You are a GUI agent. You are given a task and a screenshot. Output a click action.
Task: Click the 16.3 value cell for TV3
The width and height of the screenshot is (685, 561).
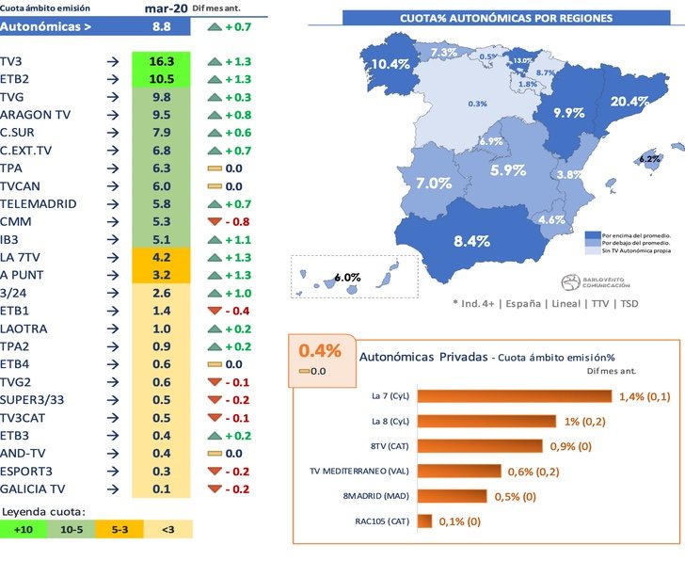pyautogui.click(x=161, y=61)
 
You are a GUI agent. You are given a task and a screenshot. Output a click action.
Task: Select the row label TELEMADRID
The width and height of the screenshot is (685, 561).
pyautogui.click(x=39, y=204)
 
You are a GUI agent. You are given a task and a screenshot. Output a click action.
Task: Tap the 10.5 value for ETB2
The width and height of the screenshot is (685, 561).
pyautogui.click(x=161, y=79)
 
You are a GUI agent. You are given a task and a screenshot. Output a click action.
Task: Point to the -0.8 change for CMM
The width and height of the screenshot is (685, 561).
pyautogui.click(x=230, y=222)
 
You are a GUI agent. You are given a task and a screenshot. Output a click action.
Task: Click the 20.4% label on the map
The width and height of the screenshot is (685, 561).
pyautogui.click(x=629, y=101)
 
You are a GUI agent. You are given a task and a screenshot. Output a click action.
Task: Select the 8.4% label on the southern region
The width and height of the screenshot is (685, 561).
pyautogui.click(x=472, y=241)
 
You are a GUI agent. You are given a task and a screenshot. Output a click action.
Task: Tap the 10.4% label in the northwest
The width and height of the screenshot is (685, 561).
pyautogui.click(x=390, y=64)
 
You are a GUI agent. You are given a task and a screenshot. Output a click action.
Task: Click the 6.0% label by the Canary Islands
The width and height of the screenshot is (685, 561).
pyautogui.click(x=348, y=277)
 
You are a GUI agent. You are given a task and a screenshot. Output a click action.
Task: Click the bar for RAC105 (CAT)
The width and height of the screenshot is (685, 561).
pyautogui.click(x=424, y=521)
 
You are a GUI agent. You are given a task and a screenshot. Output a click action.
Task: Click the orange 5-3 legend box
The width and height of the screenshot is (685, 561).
pyautogui.click(x=120, y=530)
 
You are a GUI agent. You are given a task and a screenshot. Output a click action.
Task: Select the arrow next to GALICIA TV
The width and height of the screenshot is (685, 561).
pyautogui.click(x=113, y=489)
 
